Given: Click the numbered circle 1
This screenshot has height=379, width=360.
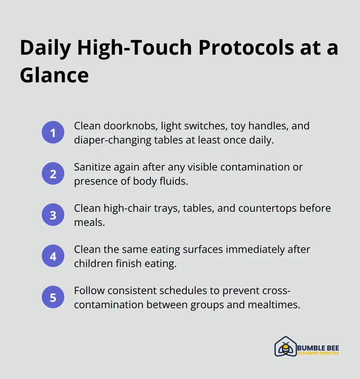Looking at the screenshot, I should pyautogui.click(x=53, y=133).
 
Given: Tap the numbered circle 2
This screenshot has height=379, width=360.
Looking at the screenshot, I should pyautogui.click(x=53, y=174).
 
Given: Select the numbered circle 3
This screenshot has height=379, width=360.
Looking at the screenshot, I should pyautogui.click(x=53, y=215).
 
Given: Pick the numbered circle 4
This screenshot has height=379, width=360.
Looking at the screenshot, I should pyautogui.click(x=53, y=256).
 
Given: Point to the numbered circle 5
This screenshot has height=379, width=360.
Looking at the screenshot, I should pyautogui.click(x=53, y=297).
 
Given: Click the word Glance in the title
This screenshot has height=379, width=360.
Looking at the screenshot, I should pyautogui.click(x=54, y=75).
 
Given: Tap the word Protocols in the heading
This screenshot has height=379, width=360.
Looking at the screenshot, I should pyautogui.click(x=246, y=48).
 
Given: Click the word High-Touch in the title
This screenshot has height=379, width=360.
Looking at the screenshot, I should pyautogui.click(x=134, y=48).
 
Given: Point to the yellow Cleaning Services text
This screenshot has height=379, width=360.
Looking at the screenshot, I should pyautogui.click(x=318, y=353).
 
